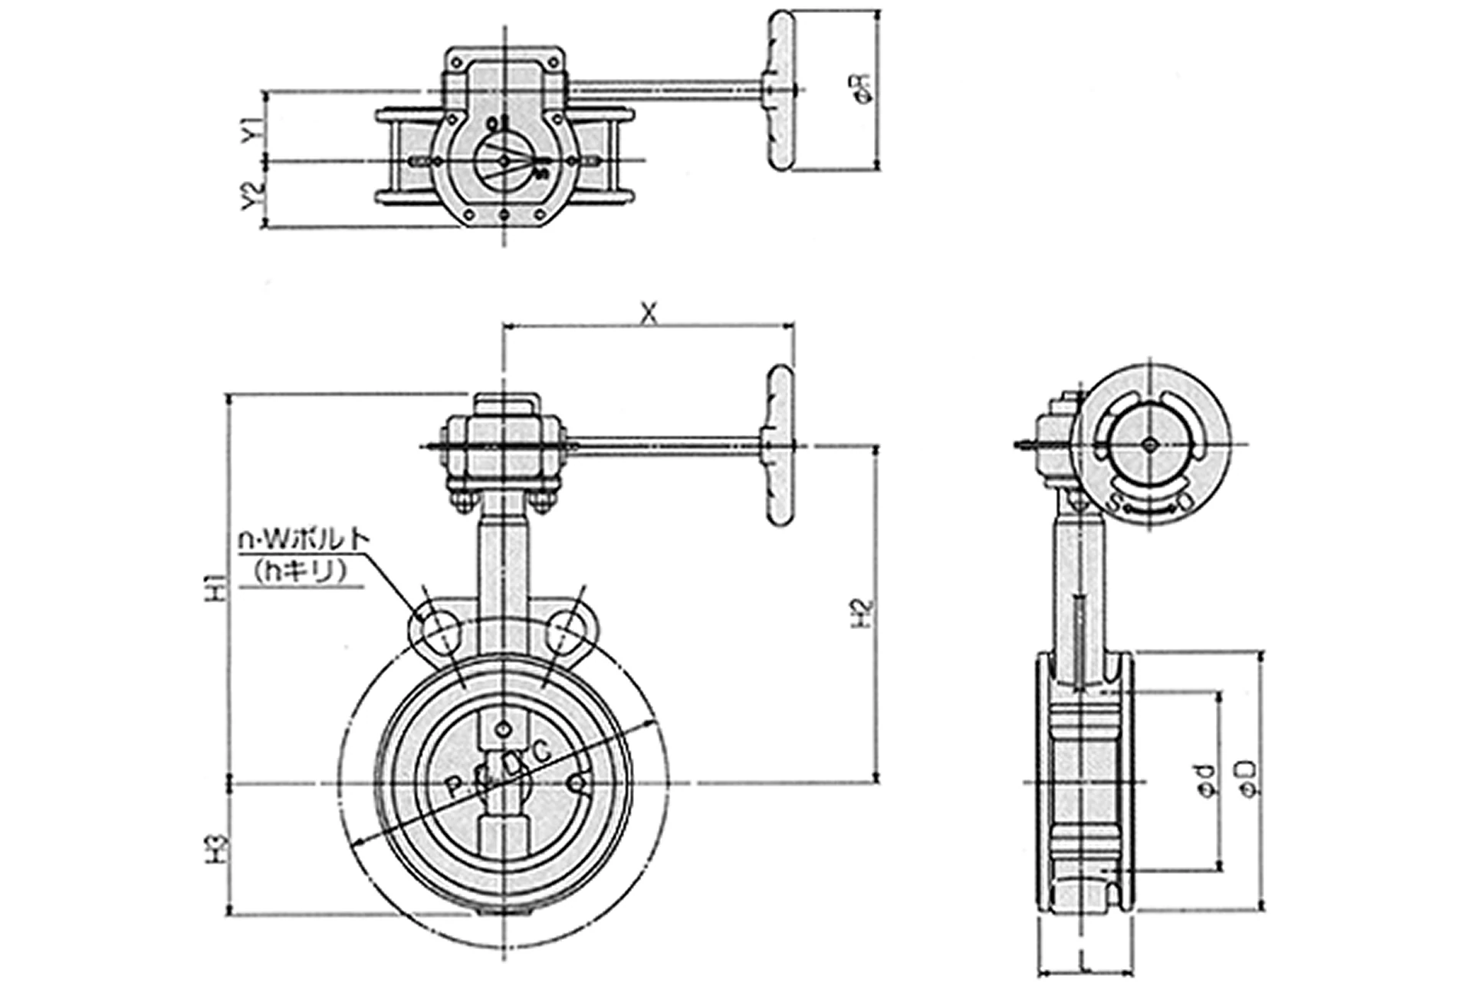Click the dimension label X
(x=649, y=312)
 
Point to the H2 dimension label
(x=863, y=613)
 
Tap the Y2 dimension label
(x=251, y=195)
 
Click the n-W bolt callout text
(x=304, y=539)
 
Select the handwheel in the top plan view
(x=782, y=91)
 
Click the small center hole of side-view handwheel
(x=1149, y=443)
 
